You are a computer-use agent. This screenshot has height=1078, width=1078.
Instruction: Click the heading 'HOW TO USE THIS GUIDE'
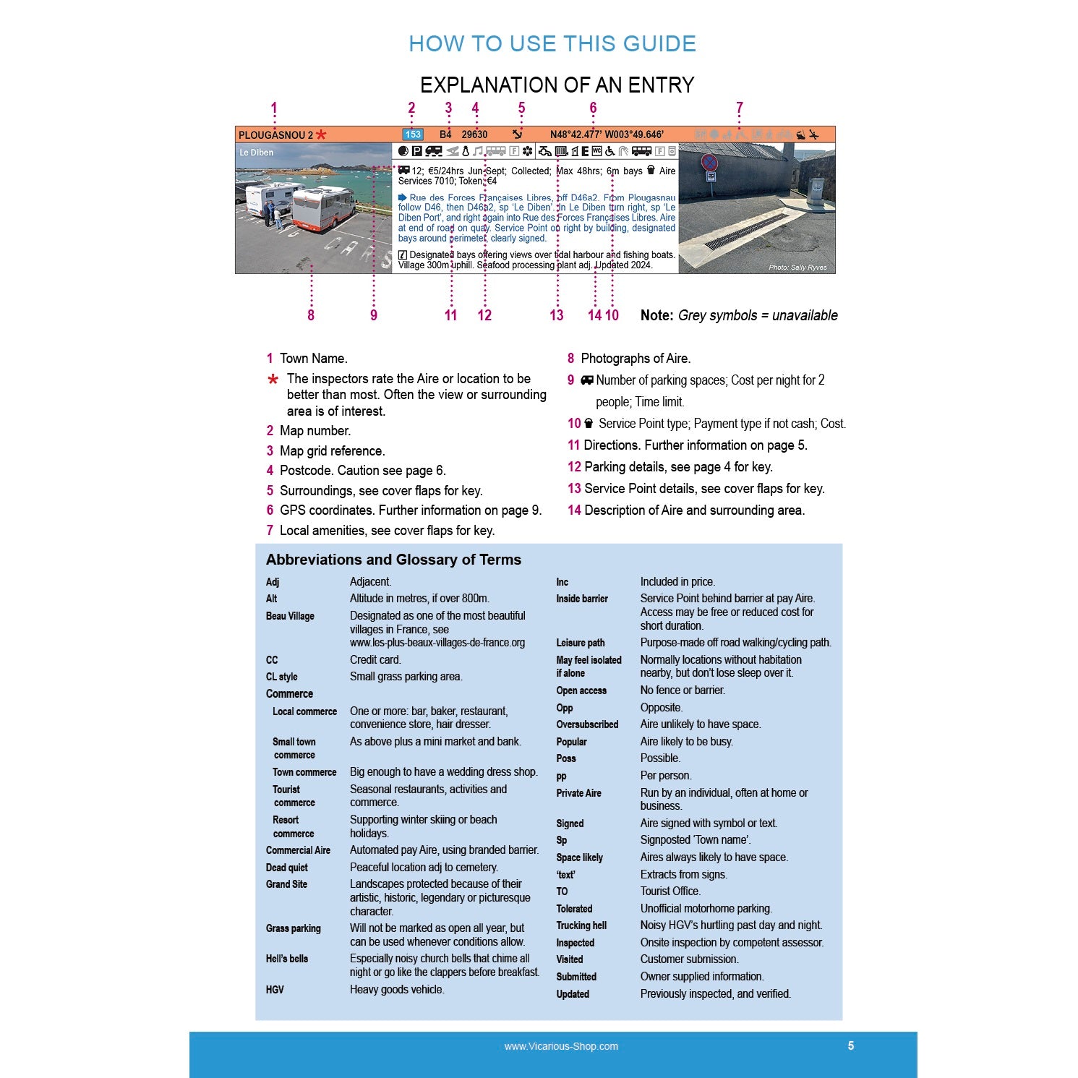(x=552, y=44)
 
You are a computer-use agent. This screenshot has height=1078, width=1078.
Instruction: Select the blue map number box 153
(x=413, y=134)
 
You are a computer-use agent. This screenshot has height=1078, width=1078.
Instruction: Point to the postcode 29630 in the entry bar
(x=474, y=134)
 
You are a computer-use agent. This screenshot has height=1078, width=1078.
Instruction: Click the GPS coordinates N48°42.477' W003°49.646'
(x=606, y=134)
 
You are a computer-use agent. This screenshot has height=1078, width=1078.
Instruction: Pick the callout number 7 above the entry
(x=739, y=108)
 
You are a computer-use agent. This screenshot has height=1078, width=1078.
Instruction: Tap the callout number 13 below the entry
(x=556, y=315)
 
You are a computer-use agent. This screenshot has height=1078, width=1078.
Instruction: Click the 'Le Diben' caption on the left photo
(x=257, y=153)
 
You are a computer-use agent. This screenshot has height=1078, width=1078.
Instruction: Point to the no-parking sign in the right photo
(x=709, y=163)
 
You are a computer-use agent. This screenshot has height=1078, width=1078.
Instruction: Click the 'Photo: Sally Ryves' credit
(x=797, y=268)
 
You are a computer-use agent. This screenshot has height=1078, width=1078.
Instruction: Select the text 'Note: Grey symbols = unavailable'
(x=738, y=315)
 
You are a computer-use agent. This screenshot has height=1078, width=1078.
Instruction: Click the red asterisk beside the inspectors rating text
(x=273, y=380)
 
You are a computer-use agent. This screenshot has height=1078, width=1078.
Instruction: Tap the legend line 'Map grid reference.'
(x=332, y=451)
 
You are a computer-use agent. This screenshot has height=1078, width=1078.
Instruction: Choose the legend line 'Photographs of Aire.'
(x=635, y=359)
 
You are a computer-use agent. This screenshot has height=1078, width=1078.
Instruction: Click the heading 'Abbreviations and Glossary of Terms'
(x=393, y=560)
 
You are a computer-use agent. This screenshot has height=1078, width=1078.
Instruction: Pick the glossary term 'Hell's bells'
(x=287, y=959)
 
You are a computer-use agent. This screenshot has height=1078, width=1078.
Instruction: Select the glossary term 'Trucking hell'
(x=581, y=925)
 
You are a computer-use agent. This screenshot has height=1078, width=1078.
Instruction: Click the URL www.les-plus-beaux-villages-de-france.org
(x=437, y=643)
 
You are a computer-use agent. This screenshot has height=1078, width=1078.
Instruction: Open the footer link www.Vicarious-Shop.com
(x=561, y=1046)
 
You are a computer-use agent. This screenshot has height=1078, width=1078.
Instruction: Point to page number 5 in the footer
(x=851, y=1045)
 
